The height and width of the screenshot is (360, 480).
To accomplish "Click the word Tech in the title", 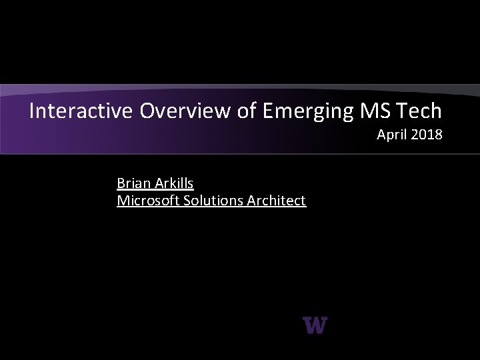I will click(419, 111).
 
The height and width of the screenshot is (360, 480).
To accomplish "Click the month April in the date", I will click(393, 135).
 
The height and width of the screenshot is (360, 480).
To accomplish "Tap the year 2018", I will click(427, 135).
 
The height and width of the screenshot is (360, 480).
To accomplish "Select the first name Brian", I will click(132, 183).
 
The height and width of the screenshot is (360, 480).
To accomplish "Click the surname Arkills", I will click(172, 183).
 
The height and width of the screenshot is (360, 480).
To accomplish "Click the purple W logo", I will click(315, 325).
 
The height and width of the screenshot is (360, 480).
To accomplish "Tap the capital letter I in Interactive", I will click(32, 111).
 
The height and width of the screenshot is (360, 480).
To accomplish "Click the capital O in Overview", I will click(147, 111).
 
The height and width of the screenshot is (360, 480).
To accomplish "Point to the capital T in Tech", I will click(403, 111).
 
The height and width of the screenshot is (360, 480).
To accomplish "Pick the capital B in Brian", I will click(121, 183).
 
